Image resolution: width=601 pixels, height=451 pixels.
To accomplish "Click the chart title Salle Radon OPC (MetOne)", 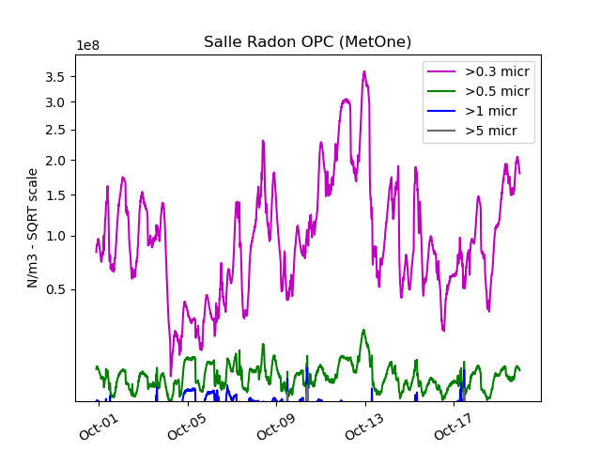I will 307,42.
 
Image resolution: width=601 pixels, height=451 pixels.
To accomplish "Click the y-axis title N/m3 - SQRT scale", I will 33,227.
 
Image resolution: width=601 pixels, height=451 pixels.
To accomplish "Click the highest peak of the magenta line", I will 362,71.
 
